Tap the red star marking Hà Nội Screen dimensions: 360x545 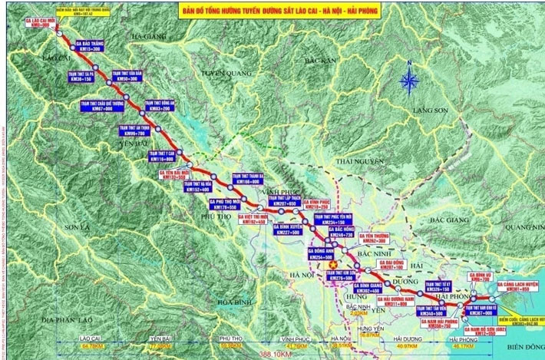(333, 263)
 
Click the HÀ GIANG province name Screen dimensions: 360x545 (147, 35)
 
